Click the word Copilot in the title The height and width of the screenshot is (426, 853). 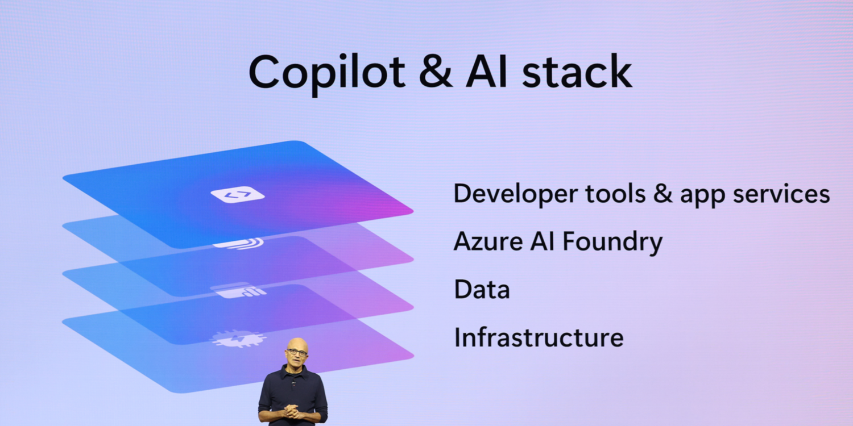[327, 73]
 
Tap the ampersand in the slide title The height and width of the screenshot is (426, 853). [435, 72]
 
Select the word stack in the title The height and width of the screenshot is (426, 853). [577, 72]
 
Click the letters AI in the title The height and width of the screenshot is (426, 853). [486, 72]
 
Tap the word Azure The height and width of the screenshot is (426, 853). [488, 241]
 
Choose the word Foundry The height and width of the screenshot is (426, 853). [612, 243]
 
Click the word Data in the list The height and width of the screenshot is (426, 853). [482, 290]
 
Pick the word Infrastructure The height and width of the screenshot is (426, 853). [539, 337]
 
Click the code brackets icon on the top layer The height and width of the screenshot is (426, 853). [238, 195]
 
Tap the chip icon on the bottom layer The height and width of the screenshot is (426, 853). [239, 338]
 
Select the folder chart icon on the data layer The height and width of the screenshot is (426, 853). [239, 291]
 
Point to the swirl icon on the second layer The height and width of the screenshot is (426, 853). [239, 243]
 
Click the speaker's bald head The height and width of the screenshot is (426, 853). [297, 344]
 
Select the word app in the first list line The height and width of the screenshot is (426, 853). [702, 195]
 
